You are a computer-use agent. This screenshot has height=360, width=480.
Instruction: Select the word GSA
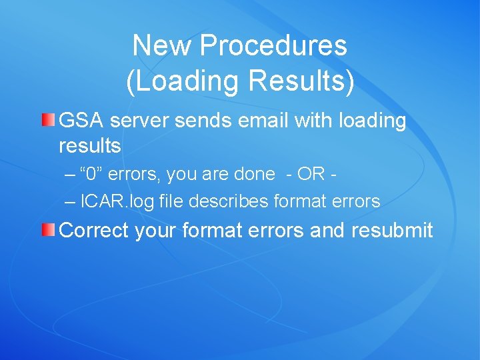(x=81, y=121)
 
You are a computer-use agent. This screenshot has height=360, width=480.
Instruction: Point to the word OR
(x=311, y=175)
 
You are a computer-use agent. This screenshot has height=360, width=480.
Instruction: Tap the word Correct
(x=94, y=231)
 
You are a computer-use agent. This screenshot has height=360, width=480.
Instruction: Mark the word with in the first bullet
(x=315, y=121)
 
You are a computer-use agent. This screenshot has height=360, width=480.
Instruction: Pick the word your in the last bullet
(x=157, y=231)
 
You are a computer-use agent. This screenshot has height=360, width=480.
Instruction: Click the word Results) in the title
(x=301, y=81)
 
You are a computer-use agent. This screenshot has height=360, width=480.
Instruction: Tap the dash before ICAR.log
(x=71, y=201)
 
